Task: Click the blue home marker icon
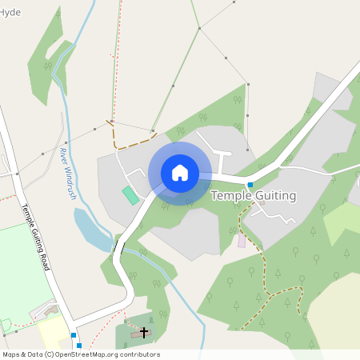[x=180, y=173]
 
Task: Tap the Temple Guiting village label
[x=253, y=195]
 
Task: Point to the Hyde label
[x=11, y=13]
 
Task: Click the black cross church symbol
[x=144, y=331]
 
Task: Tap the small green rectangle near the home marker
[x=130, y=194]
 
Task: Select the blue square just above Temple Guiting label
[x=250, y=185]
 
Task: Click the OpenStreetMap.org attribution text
[x=108, y=354]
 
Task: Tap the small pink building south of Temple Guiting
[x=242, y=240]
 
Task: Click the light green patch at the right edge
[x=344, y=220]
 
